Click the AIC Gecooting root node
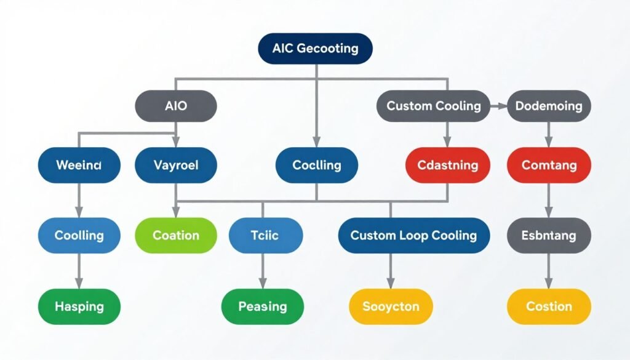click(x=315, y=49)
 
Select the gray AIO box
click(x=176, y=106)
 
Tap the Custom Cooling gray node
click(x=433, y=106)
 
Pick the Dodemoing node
click(x=548, y=106)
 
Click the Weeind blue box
click(x=79, y=165)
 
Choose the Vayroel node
click(x=176, y=165)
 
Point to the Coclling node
click(x=316, y=165)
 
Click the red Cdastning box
click(x=448, y=165)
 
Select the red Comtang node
click(x=548, y=165)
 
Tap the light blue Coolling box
click(x=79, y=235)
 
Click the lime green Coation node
click(x=176, y=235)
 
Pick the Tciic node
click(x=266, y=235)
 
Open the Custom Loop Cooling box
click(x=413, y=235)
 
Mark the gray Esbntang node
click(x=548, y=235)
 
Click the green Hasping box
click(x=79, y=306)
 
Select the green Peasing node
click(x=263, y=306)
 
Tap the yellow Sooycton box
click(x=391, y=306)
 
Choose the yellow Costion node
click(x=548, y=306)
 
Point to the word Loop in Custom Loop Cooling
click(x=413, y=235)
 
